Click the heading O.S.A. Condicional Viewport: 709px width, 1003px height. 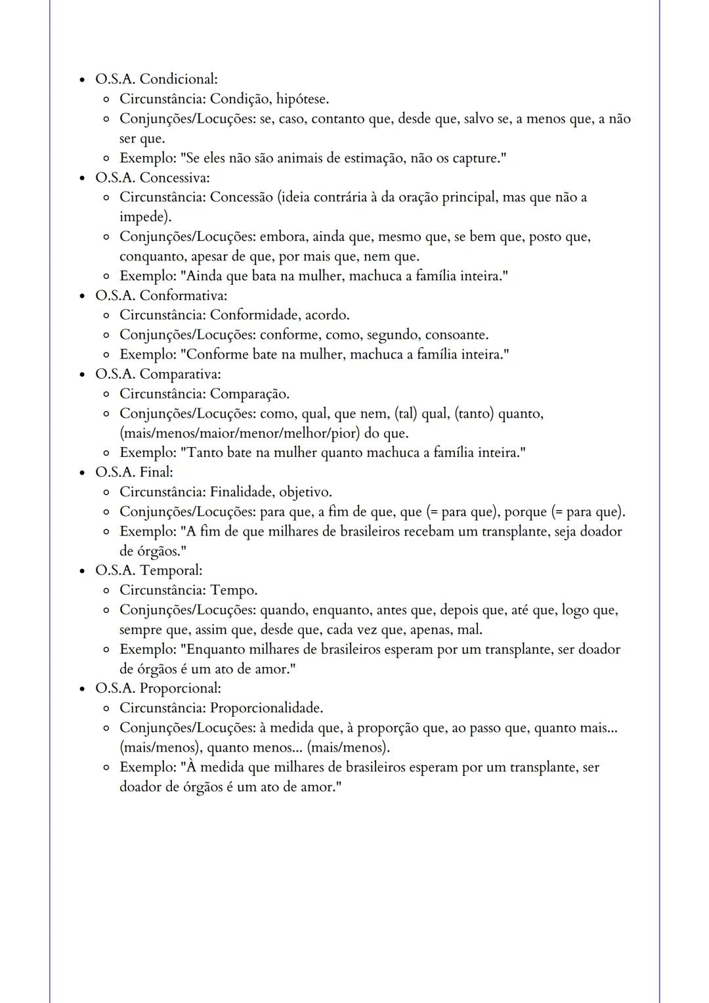point(156,79)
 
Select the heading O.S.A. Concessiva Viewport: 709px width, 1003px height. point(152,178)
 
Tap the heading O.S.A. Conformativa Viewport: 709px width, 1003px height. point(161,295)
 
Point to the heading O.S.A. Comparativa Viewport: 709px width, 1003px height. point(158,374)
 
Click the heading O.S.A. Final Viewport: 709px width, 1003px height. point(134,473)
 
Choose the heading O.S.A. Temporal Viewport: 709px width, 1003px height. point(148,570)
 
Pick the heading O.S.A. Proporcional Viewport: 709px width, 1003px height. point(158,689)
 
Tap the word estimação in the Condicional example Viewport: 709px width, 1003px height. point(373,158)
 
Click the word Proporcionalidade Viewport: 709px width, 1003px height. point(267,708)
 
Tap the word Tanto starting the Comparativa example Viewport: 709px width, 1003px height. point(204,453)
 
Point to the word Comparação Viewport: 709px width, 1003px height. point(249,394)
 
